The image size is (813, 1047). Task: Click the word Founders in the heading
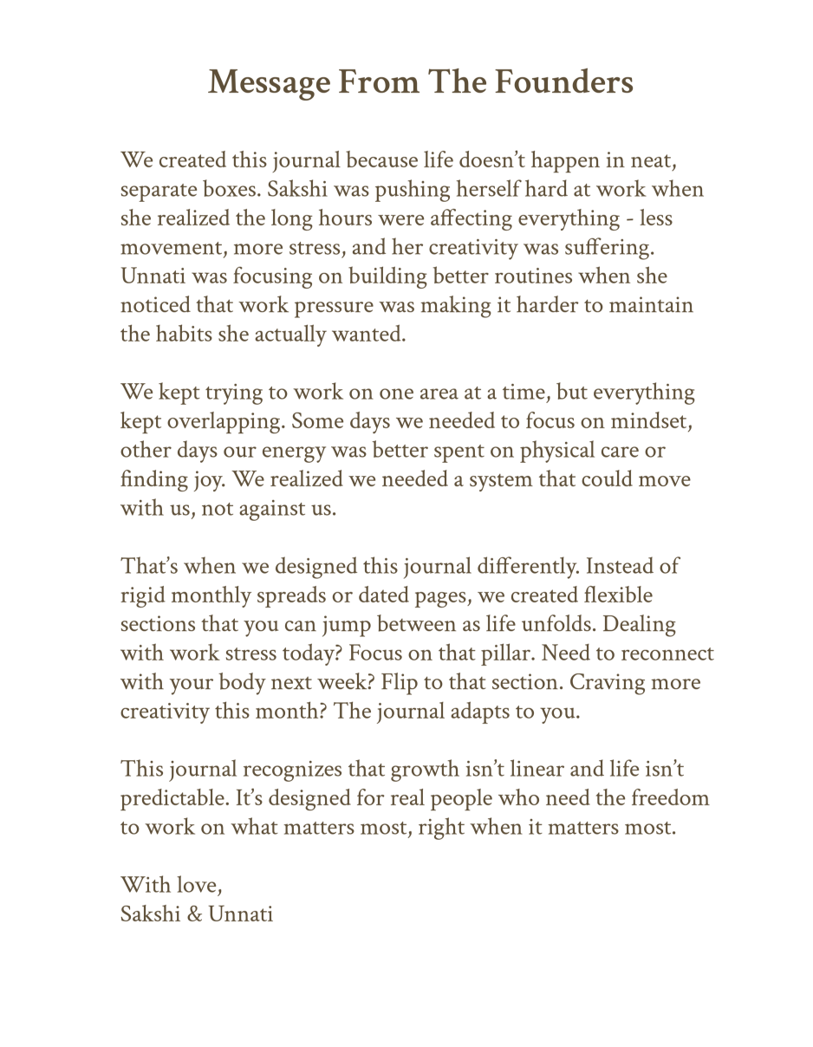pyautogui.click(x=563, y=82)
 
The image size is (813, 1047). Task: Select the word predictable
pyautogui.click(x=173, y=798)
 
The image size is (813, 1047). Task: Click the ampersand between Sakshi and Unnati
pyautogui.click(x=195, y=914)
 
